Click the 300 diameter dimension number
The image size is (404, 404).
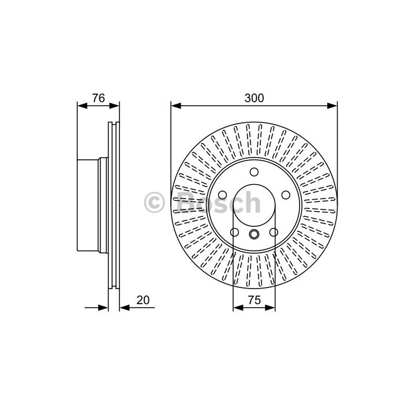pos(254,98)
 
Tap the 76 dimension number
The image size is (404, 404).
pos(99,98)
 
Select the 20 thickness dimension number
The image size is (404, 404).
pos(143,300)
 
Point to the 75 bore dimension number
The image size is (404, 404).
pos(255,300)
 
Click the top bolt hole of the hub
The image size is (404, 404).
pos(254,172)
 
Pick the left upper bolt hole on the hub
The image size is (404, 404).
pos(222,195)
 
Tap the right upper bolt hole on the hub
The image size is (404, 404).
pos(286,195)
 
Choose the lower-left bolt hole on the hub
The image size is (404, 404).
pos(234,233)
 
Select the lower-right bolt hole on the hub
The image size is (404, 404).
pos(274,233)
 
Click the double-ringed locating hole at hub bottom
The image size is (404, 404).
pos(254,234)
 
